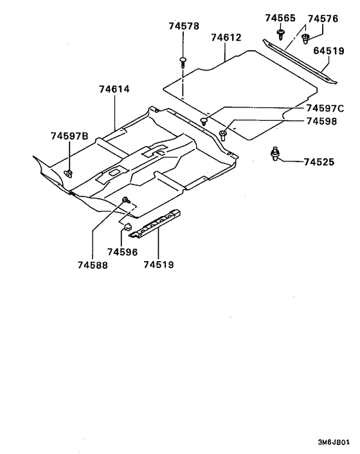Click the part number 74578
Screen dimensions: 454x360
point(184,27)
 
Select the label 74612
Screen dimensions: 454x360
point(226,38)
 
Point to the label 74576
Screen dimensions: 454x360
point(323,19)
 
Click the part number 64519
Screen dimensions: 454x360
point(329,50)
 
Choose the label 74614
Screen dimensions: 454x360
point(114,89)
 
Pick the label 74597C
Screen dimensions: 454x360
point(325,108)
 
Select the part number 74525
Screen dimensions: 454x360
point(319,162)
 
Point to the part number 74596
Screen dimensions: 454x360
point(122,252)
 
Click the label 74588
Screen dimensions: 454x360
point(93,264)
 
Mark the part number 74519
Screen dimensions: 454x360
point(159,264)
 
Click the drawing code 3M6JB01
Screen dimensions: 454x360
point(334,443)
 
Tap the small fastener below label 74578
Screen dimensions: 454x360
point(184,62)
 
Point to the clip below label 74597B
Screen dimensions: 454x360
point(68,173)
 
